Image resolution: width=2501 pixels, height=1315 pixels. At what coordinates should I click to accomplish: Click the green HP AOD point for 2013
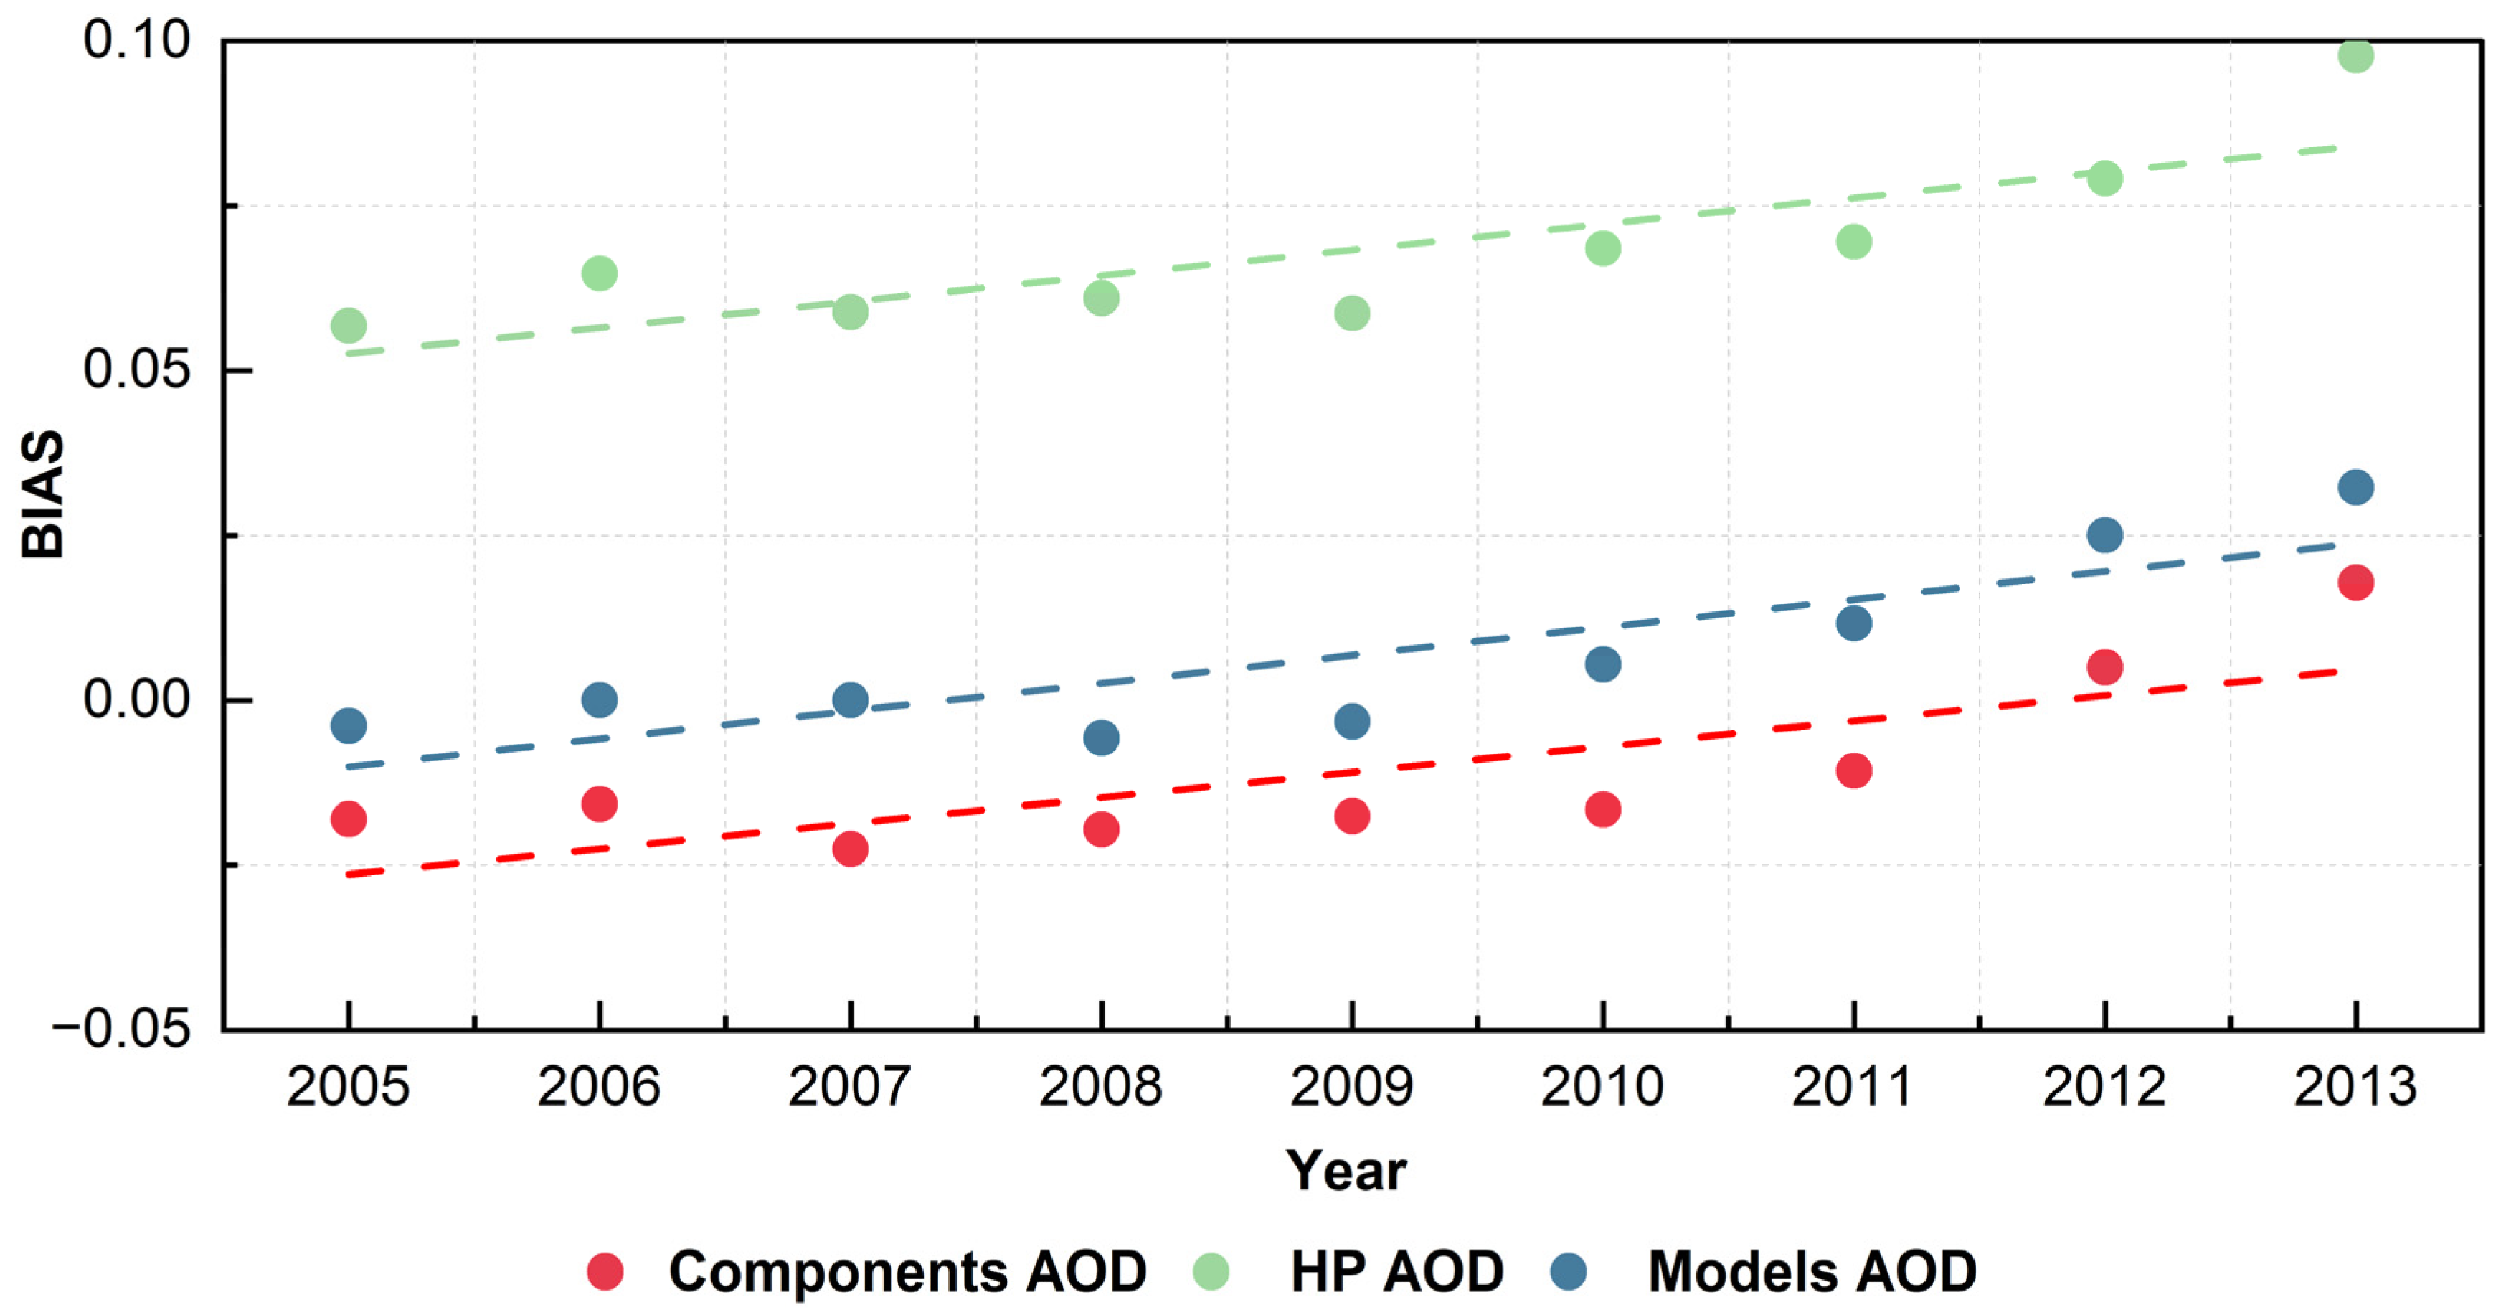2355,55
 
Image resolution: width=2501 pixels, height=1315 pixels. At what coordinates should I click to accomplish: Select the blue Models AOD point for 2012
2104,534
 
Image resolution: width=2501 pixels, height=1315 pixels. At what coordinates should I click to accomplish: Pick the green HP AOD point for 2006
599,273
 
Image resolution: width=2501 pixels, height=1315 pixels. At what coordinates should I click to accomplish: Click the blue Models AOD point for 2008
1100,737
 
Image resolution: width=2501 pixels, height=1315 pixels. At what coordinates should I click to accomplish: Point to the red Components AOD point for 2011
1853,771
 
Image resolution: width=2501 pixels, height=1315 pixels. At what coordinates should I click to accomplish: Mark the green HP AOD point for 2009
1351,313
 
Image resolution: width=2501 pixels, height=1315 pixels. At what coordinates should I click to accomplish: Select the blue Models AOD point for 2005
348,725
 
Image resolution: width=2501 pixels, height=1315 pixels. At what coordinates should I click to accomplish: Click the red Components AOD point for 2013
2355,583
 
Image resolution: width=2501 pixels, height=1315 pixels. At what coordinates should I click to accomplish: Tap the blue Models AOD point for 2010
1602,664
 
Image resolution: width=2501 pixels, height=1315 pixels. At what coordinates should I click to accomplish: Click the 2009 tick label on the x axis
1351,1086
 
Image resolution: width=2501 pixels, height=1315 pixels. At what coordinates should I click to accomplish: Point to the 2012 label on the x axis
2104,1086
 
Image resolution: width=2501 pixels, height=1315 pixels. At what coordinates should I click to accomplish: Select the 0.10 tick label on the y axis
136,40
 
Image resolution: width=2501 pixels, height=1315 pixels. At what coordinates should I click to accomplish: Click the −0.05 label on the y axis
121,1027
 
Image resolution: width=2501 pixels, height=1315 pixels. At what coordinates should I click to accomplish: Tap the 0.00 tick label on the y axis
136,699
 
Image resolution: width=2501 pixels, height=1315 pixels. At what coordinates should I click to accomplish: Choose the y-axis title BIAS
43,494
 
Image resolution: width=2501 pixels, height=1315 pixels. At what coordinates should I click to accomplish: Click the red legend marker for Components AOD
605,1271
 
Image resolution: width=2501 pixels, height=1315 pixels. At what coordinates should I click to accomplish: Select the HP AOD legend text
1397,1271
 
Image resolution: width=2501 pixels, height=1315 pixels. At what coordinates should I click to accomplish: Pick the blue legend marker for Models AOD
1569,1271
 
